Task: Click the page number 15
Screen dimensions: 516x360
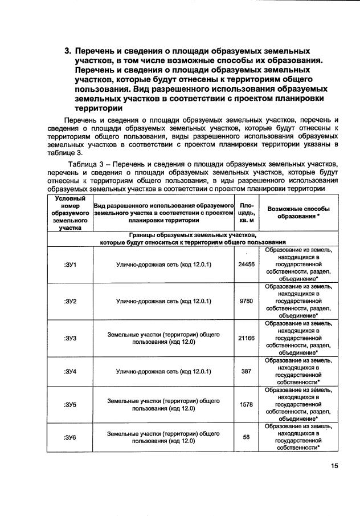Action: [334, 466]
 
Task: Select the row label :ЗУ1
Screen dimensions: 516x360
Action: [70, 265]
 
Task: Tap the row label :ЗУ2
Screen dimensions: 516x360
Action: [70, 301]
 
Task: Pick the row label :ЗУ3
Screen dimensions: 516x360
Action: [70, 338]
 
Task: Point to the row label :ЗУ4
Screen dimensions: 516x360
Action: [70, 371]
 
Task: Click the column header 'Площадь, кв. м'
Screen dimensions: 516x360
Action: [247, 213]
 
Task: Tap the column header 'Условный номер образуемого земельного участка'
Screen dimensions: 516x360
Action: [70, 213]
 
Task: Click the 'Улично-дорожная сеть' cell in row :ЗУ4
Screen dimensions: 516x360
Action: [163, 371]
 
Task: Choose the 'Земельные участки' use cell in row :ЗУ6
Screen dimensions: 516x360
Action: [163, 437]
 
